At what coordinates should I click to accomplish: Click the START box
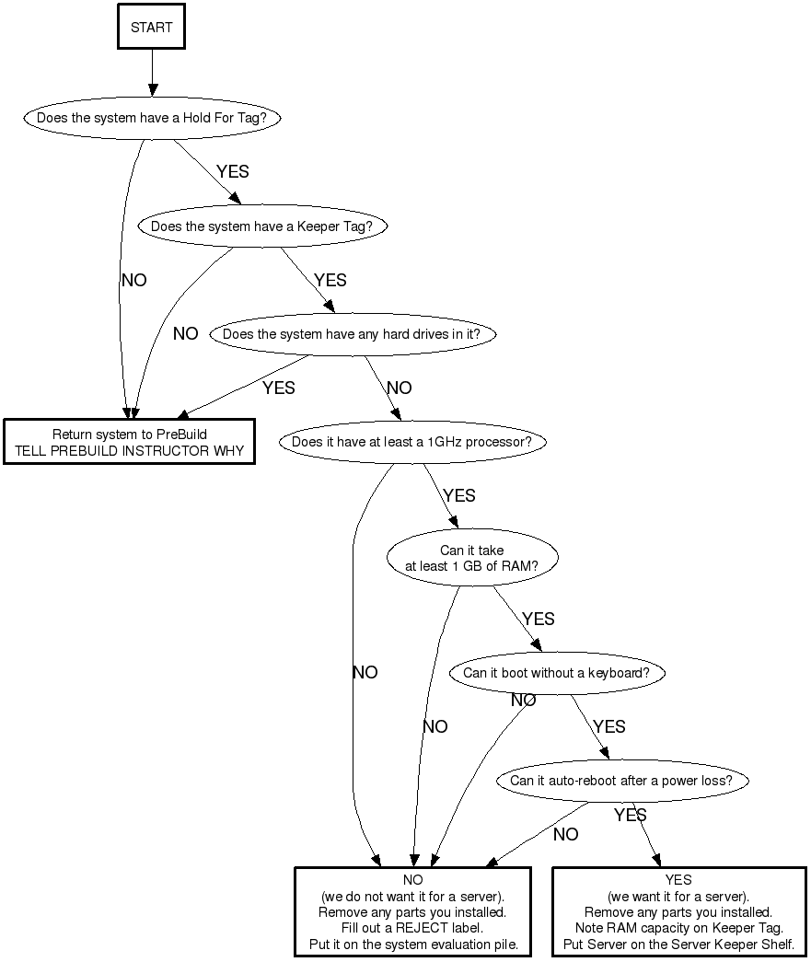pyautogui.click(x=151, y=27)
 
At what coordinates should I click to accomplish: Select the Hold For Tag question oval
pyautogui.click(x=152, y=118)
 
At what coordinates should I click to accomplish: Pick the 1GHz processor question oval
pyautogui.click(x=411, y=442)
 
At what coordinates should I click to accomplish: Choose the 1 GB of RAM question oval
pyautogui.click(x=470, y=558)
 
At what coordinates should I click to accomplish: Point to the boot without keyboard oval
pyautogui.click(x=556, y=673)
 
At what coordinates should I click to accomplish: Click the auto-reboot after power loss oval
pyautogui.click(x=621, y=781)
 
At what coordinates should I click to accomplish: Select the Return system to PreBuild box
pyautogui.click(x=129, y=442)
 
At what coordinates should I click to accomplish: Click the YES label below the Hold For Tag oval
pyautogui.click(x=232, y=172)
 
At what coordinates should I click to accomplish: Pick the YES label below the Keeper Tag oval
pyautogui.click(x=330, y=280)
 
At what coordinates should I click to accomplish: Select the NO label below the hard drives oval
pyautogui.click(x=400, y=388)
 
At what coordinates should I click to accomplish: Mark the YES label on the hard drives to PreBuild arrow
pyautogui.click(x=278, y=388)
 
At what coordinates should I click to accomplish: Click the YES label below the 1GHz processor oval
pyautogui.click(x=458, y=495)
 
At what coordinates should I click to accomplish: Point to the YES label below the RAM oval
pyautogui.click(x=538, y=619)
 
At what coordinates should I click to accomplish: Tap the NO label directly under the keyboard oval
pyautogui.click(x=523, y=701)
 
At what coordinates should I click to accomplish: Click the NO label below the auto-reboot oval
pyautogui.click(x=565, y=834)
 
